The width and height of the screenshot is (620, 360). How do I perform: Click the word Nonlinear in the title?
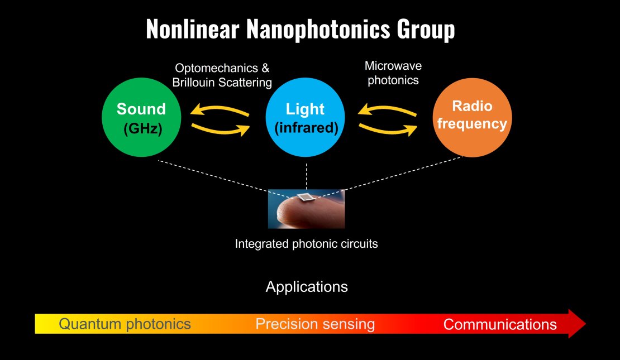coord(193,29)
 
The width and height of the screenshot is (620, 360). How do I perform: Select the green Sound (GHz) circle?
coord(141,117)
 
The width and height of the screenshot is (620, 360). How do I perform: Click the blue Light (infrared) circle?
coord(306,117)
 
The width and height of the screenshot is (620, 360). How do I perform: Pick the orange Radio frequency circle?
coord(472,117)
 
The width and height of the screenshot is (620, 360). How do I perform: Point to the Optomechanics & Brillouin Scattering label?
coord(222,75)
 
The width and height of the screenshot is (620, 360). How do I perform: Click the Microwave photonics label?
coord(393,73)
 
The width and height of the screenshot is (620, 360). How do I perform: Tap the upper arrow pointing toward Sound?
coord(220,111)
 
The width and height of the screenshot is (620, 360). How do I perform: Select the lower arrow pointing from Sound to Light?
coord(221,129)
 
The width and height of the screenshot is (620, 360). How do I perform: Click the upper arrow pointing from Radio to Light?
coord(387,111)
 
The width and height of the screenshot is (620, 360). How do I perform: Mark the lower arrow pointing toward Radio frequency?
coord(388,129)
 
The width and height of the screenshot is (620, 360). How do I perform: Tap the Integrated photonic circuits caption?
coord(307,244)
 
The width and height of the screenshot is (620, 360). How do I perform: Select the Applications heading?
coord(307,286)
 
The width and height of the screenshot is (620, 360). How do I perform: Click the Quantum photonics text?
coord(125,324)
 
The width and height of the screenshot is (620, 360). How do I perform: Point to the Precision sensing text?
coord(315,324)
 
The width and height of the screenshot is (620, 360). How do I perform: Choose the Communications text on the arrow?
coord(500,324)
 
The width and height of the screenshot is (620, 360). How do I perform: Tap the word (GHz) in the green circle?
coord(143,129)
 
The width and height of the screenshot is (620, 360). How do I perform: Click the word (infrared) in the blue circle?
coord(306,128)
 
